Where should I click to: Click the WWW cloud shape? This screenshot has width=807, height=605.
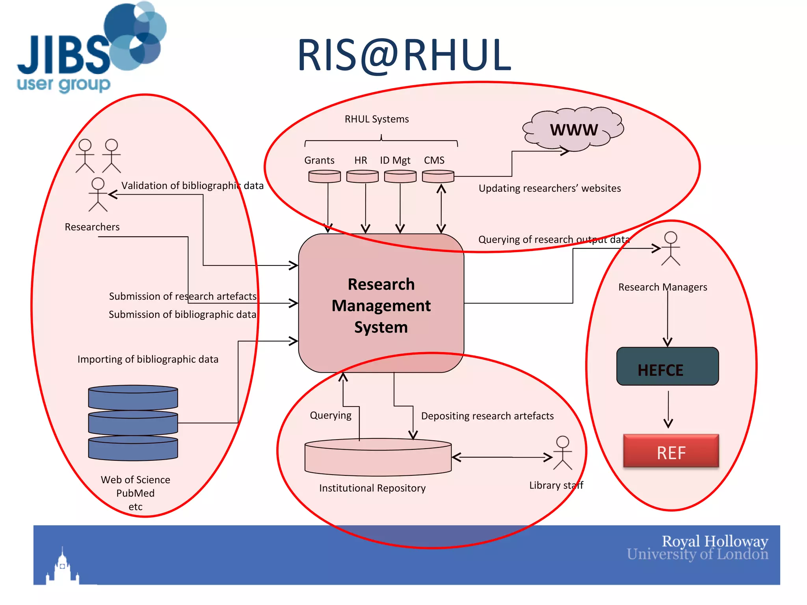[x=573, y=129]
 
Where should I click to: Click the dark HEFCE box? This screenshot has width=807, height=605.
[x=667, y=366]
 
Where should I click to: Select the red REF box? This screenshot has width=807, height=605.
[x=671, y=451]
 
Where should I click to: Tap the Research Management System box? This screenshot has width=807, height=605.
[x=381, y=304]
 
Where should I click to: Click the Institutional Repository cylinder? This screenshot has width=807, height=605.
[x=378, y=457]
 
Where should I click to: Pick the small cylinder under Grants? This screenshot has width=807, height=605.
[x=324, y=176]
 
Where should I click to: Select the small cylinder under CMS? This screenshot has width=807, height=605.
[x=438, y=176]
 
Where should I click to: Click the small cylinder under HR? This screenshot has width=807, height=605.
[x=362, y=176]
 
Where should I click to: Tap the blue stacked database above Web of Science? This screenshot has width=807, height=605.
[x=133, y=423]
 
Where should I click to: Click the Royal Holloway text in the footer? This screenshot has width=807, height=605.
[x=714, y=542]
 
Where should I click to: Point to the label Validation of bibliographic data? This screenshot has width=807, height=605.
[x=192, y=186]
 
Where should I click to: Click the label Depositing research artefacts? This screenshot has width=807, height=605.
[x=487, y=416]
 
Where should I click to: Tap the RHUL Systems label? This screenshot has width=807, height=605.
[x=376, y=119]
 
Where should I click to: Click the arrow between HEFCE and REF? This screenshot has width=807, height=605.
[x=668, y=410]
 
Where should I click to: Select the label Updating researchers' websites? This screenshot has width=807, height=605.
[x=549, y=188]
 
